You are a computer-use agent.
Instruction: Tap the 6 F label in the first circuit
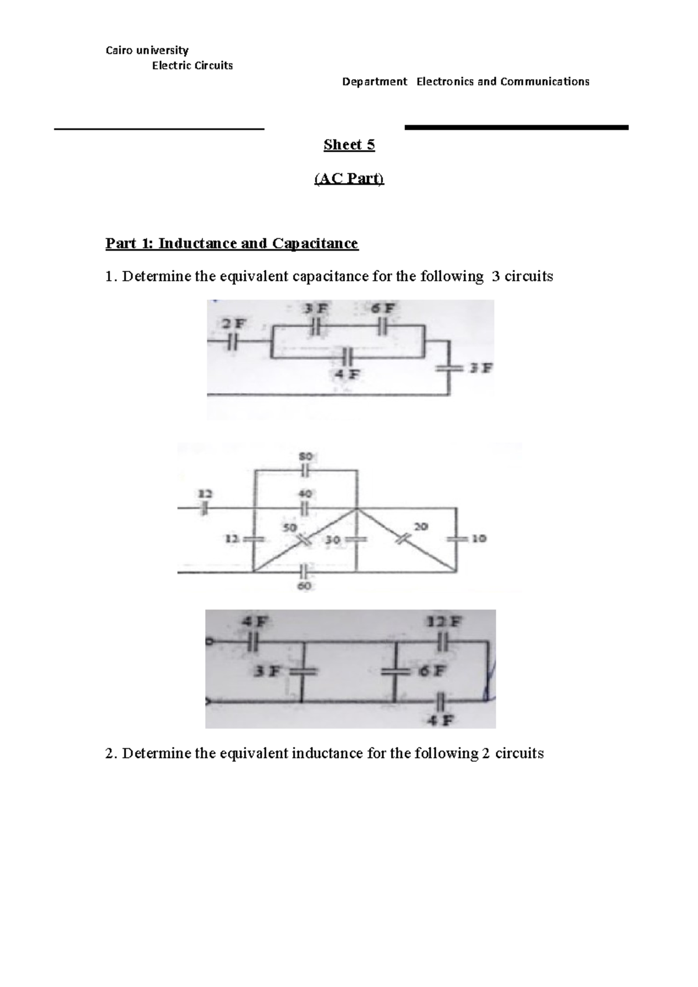click(383, 309)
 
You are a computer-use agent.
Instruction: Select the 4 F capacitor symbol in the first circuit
click(348, 355)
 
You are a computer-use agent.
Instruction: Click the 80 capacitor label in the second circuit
click(306, 457)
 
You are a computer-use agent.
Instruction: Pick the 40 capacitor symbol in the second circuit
click(306, 509)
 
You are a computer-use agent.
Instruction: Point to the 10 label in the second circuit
click(479, 539)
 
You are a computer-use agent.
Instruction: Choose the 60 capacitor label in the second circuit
click(305, 587)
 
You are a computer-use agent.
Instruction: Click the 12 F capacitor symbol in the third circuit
click(443, 641)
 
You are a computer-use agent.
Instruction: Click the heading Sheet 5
click(349, 145)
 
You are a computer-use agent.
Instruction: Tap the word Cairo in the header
click(118, 51)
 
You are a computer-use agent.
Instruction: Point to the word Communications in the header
click(544, 81)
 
